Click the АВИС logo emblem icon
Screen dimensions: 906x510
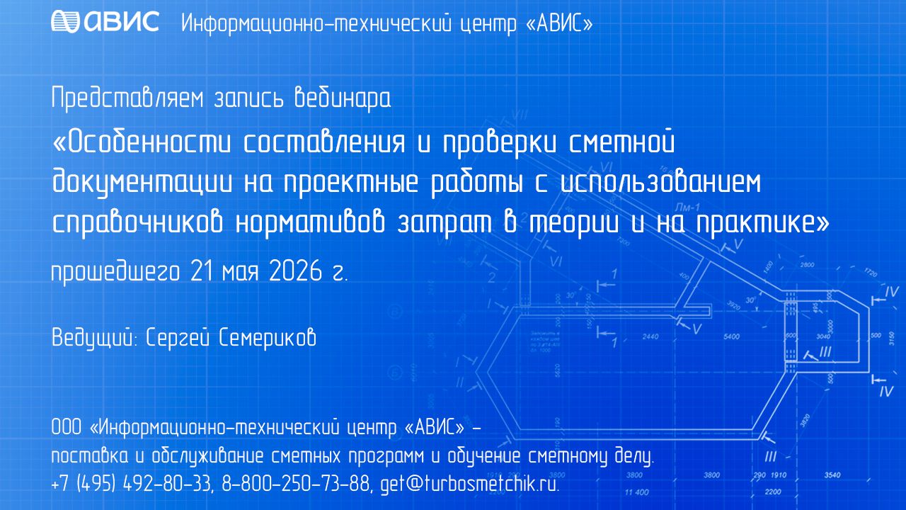click(x=65, y=21)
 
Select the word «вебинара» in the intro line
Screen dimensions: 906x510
click(x=343, y=98)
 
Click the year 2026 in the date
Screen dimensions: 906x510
click(x=295, y=271)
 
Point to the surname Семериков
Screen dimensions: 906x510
click(x=268, y=337)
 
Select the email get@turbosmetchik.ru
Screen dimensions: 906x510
click(x=470, y=483)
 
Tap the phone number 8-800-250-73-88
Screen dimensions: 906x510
click(x=296, y=483)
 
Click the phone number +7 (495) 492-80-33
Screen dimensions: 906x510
click(x=132, y=483)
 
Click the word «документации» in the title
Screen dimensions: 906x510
click(x=142, y=183)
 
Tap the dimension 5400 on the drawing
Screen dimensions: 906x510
click(x=731, y=336)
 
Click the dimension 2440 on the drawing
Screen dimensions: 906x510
click(x=650, y=336)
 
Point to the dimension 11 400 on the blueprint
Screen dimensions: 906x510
click(x=636, y=492)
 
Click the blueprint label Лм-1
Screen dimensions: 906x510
click(x=687, y=208)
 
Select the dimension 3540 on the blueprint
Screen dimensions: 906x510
click(x=832, y=475)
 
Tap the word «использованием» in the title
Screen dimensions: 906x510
click(x=660, y=183)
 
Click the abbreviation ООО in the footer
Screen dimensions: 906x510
click(x=67, y=427)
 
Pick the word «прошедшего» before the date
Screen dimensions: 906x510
click(x=115, y=273)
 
